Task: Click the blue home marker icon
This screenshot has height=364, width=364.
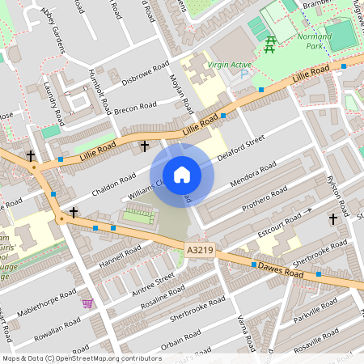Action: pos(182,174)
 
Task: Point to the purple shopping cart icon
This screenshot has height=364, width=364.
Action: pos(87,303)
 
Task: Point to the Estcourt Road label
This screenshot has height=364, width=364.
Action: pos(273,222)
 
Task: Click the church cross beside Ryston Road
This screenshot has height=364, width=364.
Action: pos(332,219)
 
